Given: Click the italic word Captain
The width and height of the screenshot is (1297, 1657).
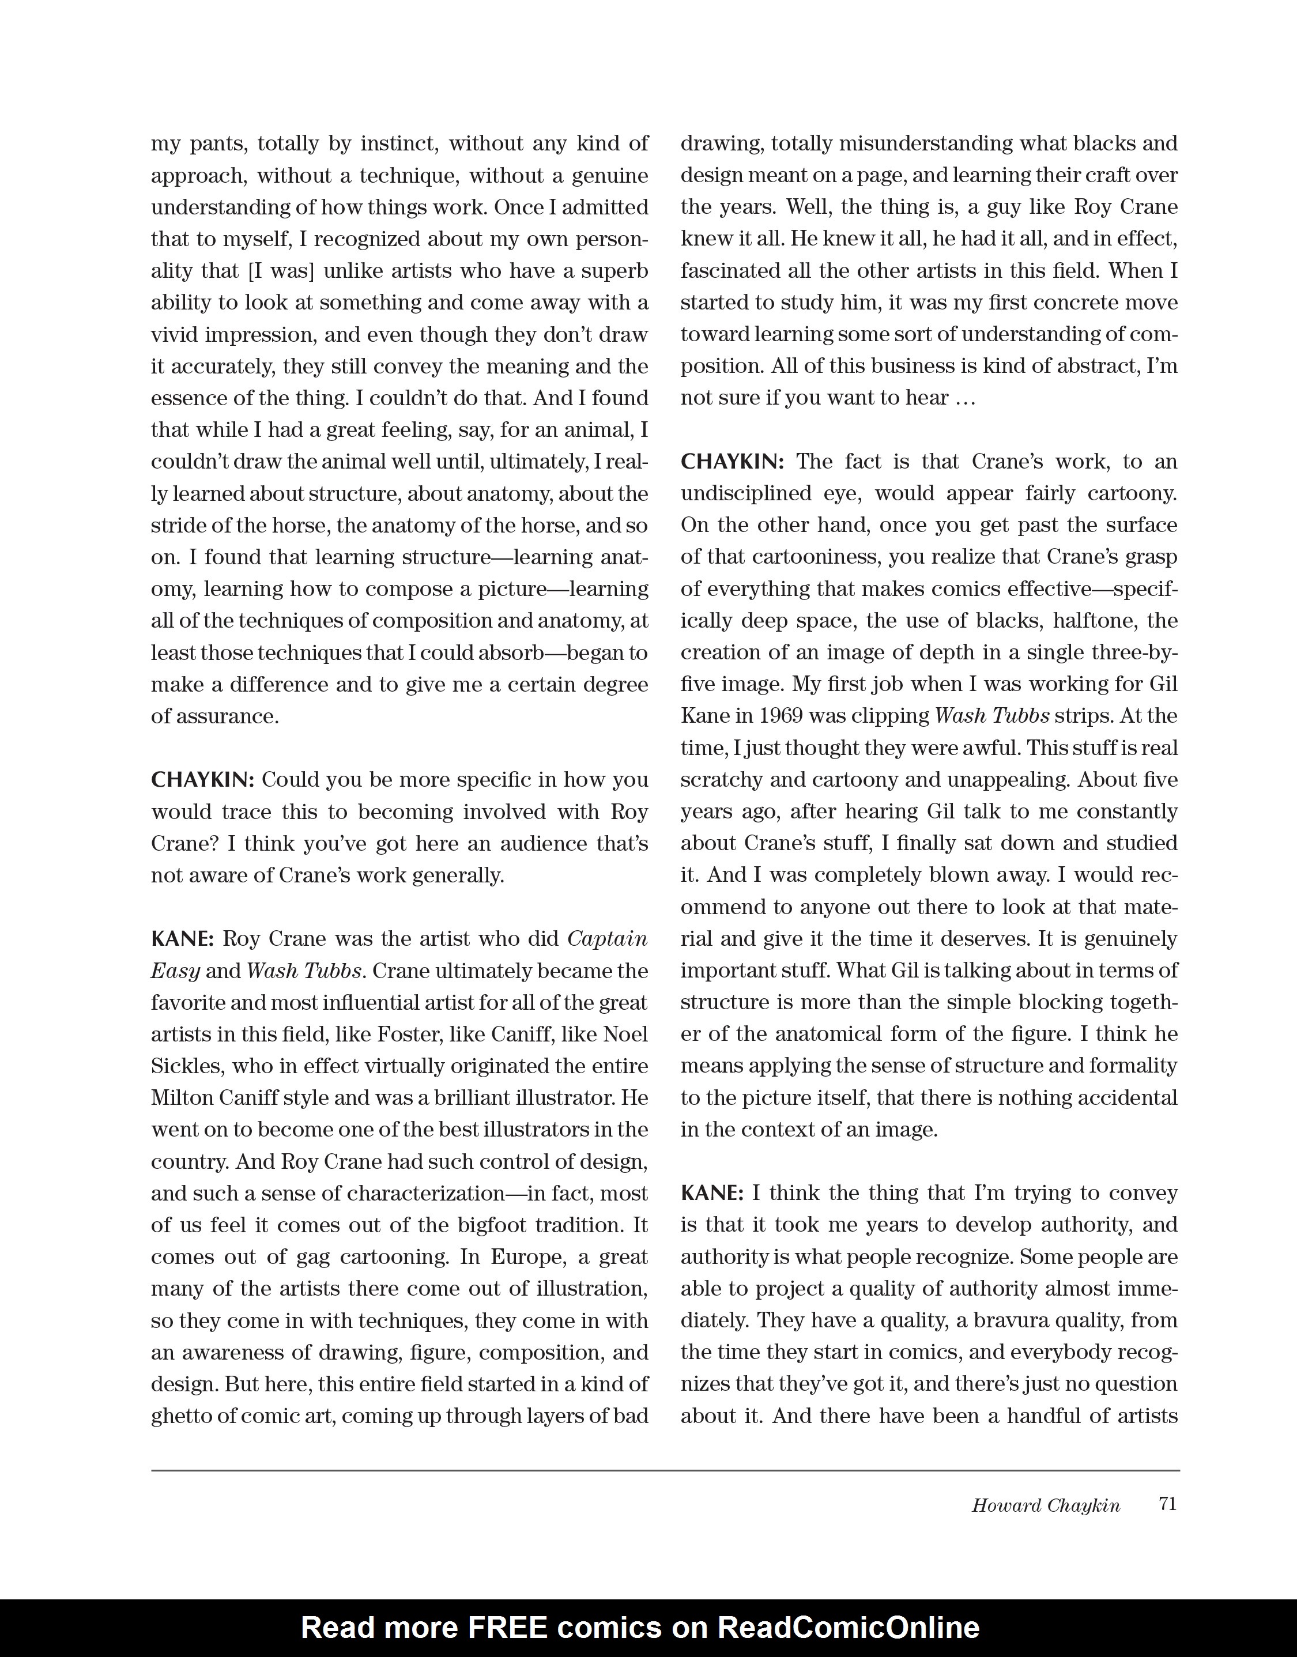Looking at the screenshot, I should click(608, 939).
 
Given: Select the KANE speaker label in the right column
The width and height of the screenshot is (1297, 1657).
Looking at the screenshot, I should click(711, 1193).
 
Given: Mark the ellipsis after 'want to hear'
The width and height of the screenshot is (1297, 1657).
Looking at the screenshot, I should click(964, 398).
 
